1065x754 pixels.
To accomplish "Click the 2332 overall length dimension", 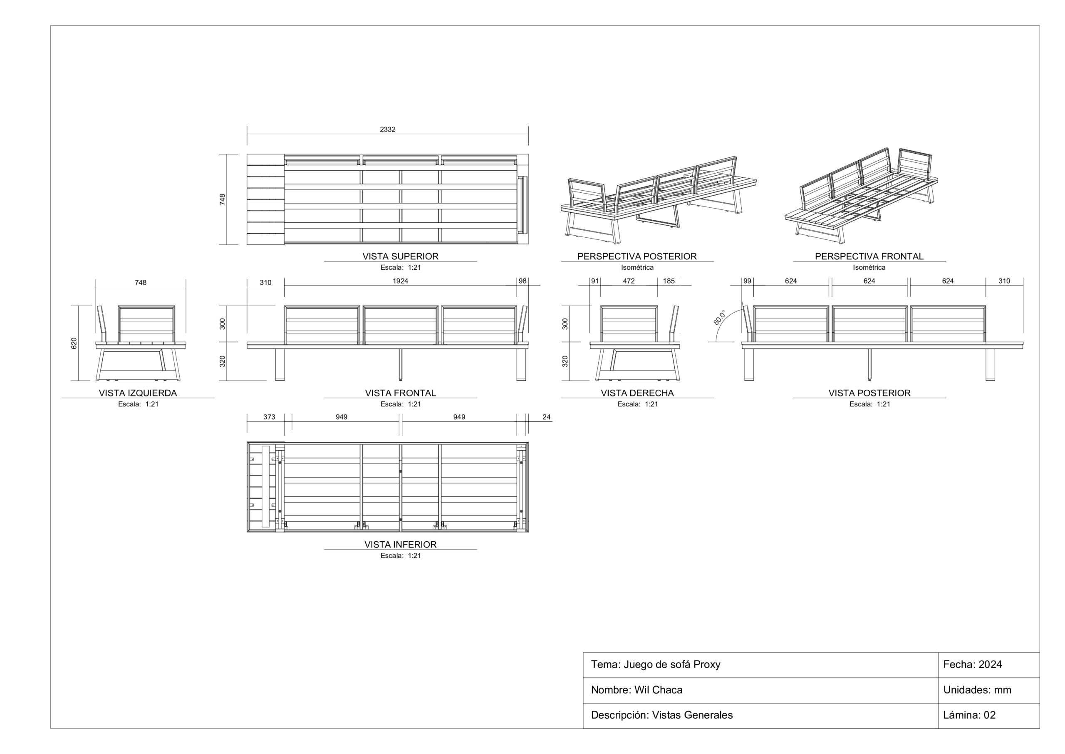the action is point(387,129).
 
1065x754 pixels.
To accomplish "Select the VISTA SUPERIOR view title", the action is point(400,256).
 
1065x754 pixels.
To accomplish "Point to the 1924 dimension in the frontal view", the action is point(400,281).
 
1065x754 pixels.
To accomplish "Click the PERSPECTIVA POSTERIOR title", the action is point(637,256).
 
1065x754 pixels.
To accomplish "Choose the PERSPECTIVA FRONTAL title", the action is point(869,256).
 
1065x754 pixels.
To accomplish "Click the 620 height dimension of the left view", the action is point(74,343).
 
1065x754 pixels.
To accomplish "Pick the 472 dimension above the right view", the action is point(629,281).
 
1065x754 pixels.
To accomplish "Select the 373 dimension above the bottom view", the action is point(269,417).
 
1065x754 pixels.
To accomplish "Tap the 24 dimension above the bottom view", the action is point(546,417).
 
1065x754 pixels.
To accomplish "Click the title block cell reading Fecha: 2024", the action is point(973,664).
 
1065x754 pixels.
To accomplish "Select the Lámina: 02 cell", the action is point(969,715).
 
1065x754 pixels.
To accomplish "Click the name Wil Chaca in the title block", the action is point(658,690).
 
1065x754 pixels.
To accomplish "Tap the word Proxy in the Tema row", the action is point(707,665).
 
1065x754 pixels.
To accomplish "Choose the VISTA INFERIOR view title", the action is point(400,544).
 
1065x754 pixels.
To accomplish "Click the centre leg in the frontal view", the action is point(401,364).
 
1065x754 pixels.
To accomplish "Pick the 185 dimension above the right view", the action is point(669,281).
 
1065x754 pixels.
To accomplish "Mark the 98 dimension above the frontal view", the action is point(523,281).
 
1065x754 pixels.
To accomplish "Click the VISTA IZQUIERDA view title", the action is point(138,393).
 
